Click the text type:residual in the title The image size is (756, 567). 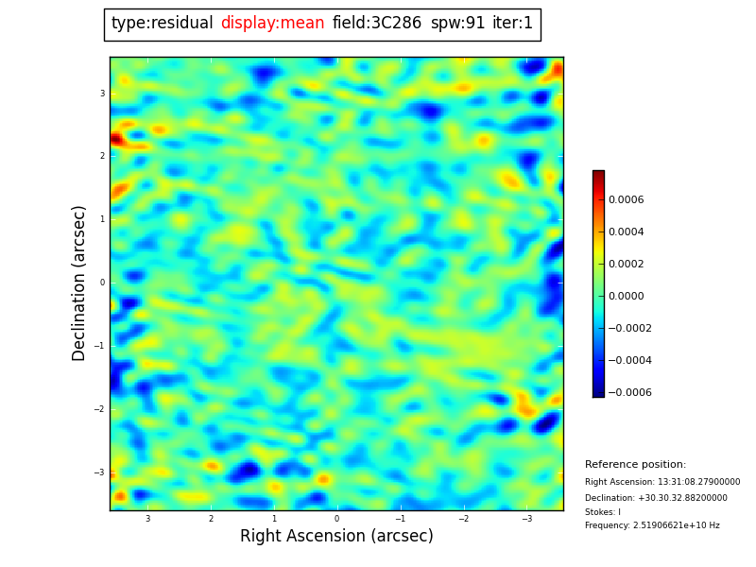click(162, 24)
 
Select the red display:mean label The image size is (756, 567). click(272, 24)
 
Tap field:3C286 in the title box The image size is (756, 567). click(377, 24)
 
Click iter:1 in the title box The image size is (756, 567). click(513, 24)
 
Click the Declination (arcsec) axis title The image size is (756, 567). click(79, 283)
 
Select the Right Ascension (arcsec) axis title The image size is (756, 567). click(336, 537)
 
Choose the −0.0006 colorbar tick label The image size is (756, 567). click(635, 392)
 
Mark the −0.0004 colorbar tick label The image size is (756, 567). click(635, 360)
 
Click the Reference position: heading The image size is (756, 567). click(635, 465)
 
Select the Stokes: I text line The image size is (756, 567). click(603, 512)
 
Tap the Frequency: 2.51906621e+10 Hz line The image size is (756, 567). click(652, 525)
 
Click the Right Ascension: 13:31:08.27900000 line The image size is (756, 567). click(662, 482)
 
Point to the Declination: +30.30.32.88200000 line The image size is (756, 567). click(656, 498)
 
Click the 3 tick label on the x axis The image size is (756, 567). click(147, 519)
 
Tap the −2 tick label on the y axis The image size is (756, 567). click(101, 409)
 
